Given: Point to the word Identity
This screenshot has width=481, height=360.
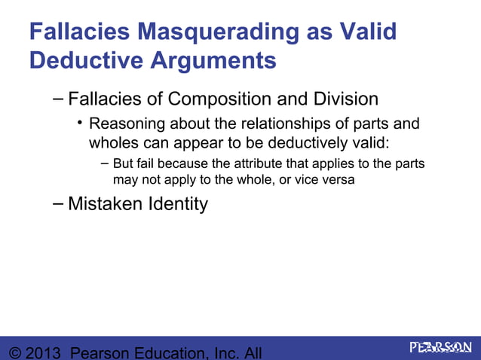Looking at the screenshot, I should (179, 203).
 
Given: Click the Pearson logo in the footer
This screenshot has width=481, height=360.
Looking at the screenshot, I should (440, 347).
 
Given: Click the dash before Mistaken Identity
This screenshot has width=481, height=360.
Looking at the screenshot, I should (58, 202).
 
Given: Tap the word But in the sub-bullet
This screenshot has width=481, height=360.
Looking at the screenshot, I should (124, 164).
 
